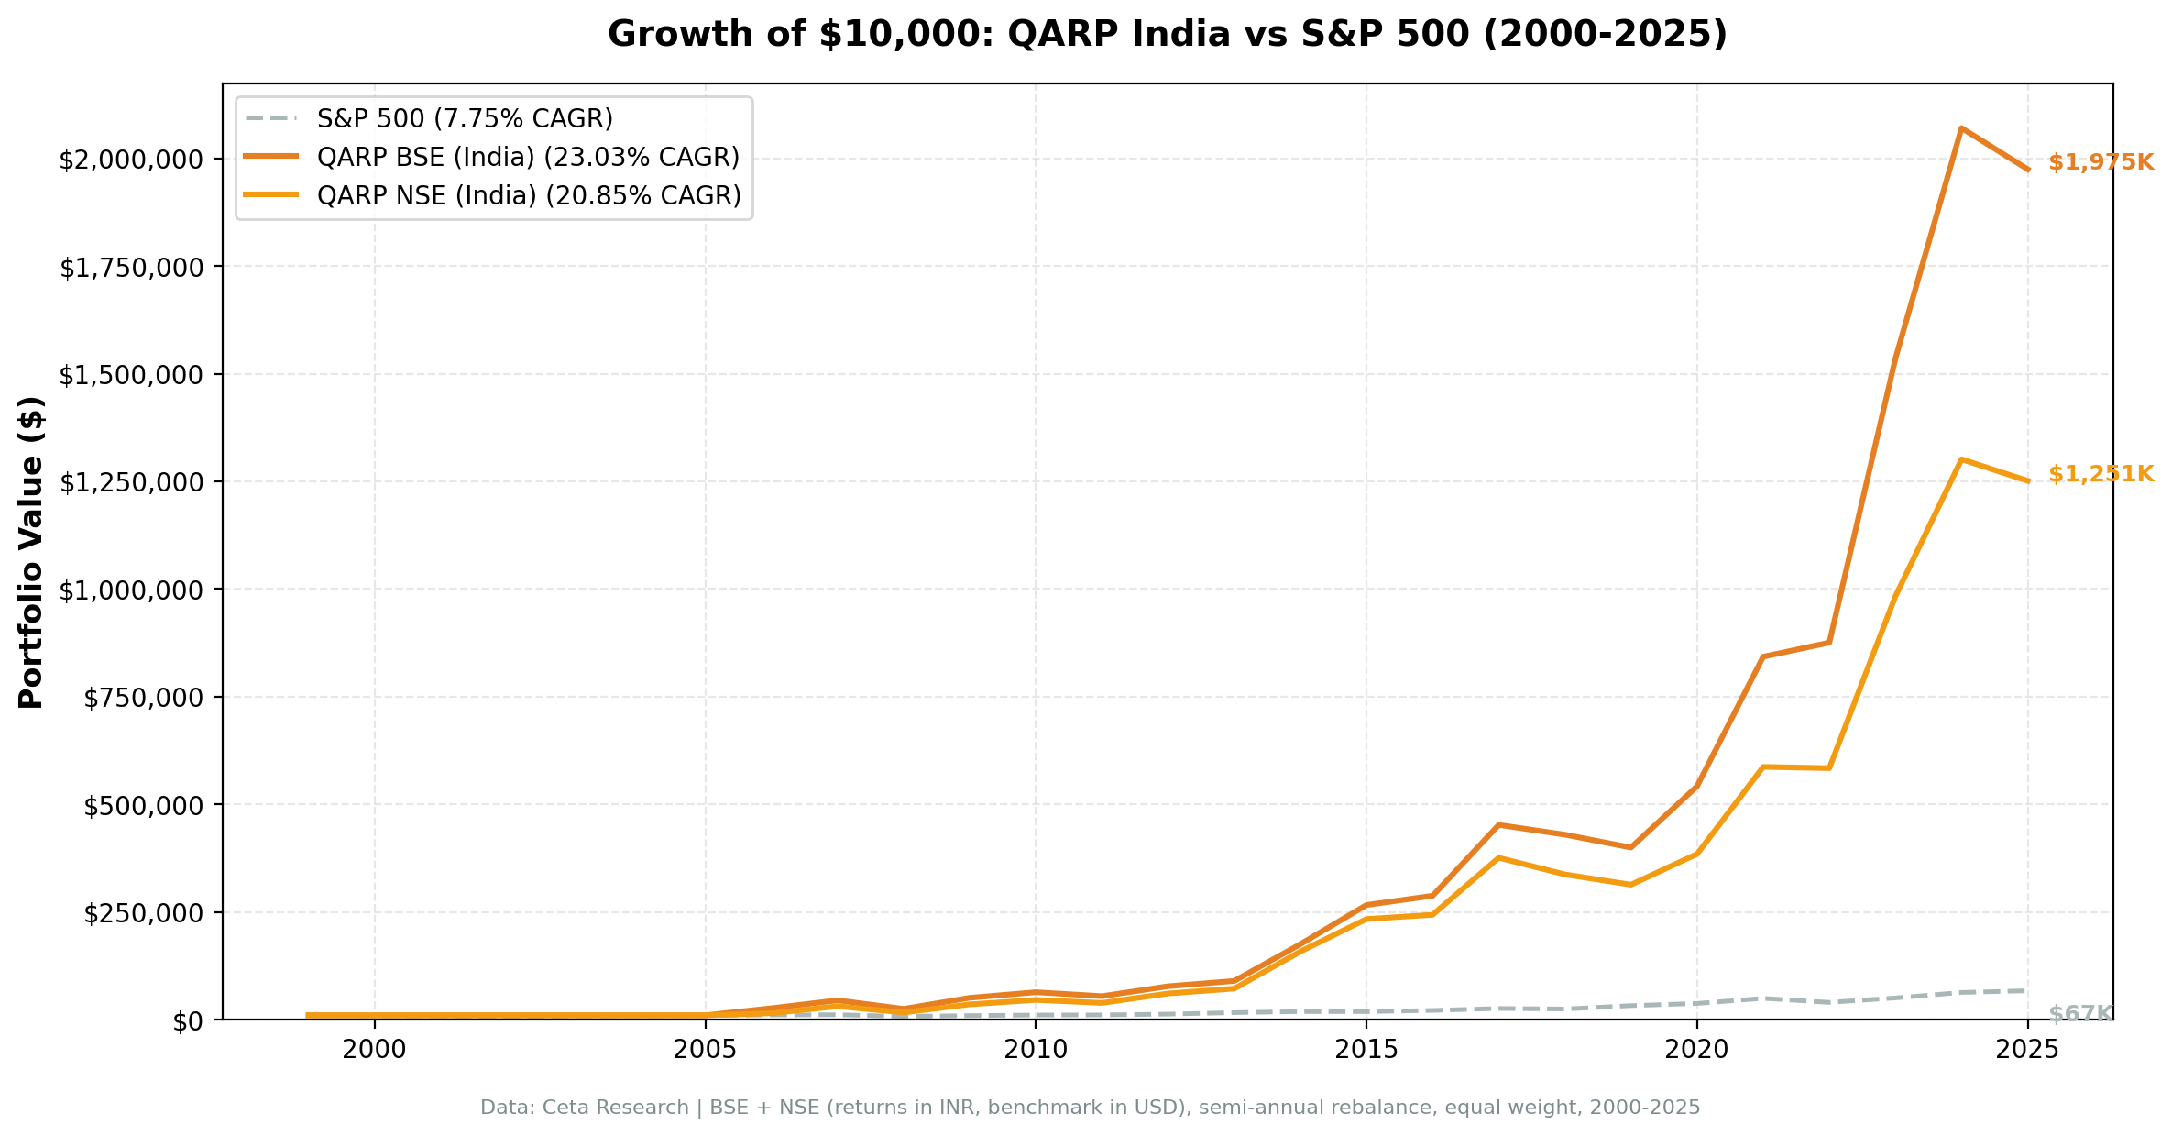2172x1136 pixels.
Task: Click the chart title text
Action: coord(1167,35)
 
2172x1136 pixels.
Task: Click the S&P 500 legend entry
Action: coord(465,119)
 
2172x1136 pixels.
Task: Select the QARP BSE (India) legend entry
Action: coord(528,158)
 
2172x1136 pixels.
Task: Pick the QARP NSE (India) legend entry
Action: coord(529,196)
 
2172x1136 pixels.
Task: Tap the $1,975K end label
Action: coord(2101,163)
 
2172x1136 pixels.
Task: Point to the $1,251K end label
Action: coord(2101,475)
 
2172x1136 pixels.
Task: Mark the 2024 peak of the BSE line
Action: coord(1960,128)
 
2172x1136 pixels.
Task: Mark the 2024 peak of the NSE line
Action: coord(1960,459)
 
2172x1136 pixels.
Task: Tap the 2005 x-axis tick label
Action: coord(705,1051)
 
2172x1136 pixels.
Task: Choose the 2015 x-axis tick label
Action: coord(1366,1051)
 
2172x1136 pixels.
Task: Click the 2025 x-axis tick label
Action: coord(2027,1051)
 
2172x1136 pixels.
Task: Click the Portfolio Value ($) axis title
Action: coord(31,552)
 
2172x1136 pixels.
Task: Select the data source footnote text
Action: coord(1090,1108)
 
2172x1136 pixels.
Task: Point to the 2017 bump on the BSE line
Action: coord(1498,825)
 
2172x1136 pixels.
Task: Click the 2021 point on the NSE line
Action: coord(1762,767)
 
